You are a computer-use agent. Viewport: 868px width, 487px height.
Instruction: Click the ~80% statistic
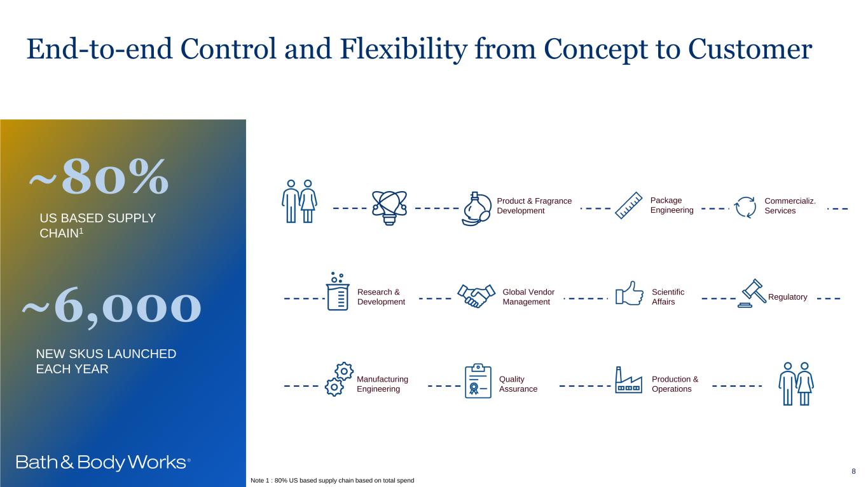(x=99, y=177)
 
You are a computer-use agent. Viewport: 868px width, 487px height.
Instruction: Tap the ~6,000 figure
(x=112, y=307)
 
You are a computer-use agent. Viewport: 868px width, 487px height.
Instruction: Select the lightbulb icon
(x=389, y=207)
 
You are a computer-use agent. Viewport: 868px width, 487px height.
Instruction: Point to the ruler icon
(x=629, y=206)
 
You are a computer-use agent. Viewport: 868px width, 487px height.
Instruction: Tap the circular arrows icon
(x=745, y=207)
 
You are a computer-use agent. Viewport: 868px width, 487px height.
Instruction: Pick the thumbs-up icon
(x=629, y=294)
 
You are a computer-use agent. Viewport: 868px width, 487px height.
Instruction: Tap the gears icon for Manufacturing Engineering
(x=338, y=379)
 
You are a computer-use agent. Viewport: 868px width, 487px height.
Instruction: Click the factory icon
(x=628, y=380)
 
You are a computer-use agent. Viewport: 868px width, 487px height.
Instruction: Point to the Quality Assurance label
(x=518, y=384)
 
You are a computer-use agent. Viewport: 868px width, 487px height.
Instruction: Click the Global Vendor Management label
(x=528, y=297)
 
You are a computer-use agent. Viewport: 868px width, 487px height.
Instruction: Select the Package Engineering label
(x=672, y=205)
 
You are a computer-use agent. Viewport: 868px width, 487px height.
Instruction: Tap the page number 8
(x=853, y=471)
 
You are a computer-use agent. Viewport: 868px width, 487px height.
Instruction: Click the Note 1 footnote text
(x=333, y=481)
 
